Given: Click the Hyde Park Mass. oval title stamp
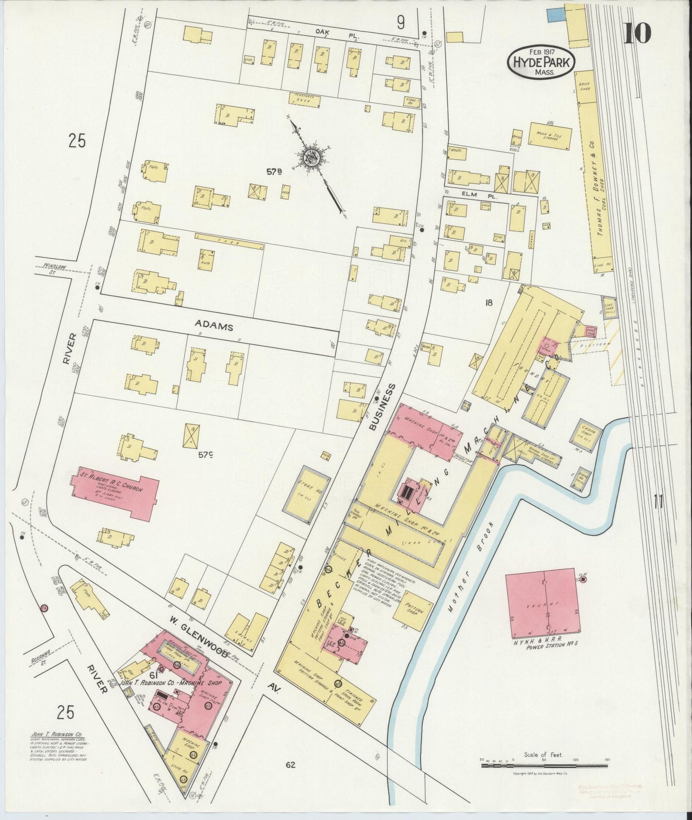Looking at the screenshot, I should coord(540,61).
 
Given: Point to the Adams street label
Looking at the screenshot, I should coord(214,327).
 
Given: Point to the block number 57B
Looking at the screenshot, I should coord(274,172).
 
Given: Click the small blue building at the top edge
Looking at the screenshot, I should coord(554,13).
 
